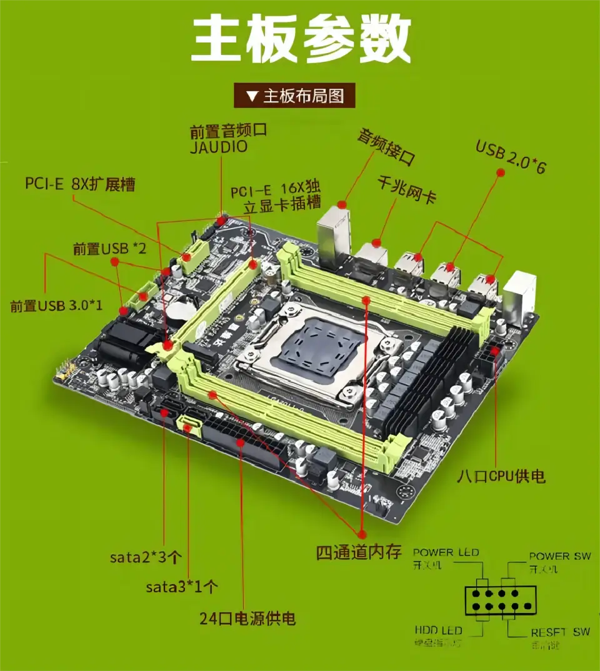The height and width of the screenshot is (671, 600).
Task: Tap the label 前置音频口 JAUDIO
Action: tap(228, 138)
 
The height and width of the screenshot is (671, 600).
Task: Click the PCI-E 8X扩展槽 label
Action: tap(80, 184)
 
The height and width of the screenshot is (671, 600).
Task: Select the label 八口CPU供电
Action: tap(501, 476)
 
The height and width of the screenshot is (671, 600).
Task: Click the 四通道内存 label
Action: tap(358, 552)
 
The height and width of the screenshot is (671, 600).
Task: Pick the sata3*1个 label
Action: tap(182, 587)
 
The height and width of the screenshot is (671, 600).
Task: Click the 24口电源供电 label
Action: tap(247, 619)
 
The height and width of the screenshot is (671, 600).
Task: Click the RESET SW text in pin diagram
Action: tap(560, 632)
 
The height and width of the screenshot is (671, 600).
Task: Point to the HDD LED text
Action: tap(437, 630)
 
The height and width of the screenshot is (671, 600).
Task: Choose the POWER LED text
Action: tap(446, 552)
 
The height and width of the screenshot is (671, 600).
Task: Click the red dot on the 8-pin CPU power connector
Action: tap(496, 351)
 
